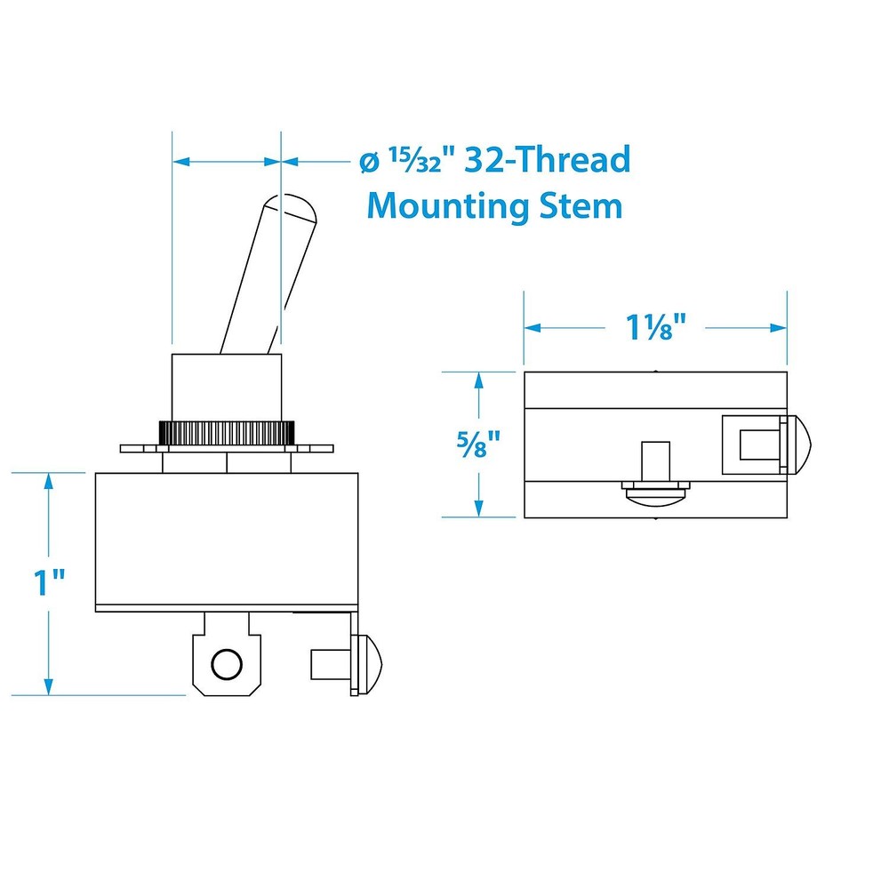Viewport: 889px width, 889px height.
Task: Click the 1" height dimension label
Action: [50, 583]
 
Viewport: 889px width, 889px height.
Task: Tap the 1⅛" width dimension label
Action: [656, 327]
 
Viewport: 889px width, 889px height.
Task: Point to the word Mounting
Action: [449, 206]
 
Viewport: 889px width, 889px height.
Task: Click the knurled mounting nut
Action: [227, 433]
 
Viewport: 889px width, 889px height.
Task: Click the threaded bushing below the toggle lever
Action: [227, 387]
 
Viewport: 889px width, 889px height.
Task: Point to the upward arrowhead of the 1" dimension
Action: [49, 480]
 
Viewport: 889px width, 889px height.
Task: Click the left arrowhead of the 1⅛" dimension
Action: [532, 327]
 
